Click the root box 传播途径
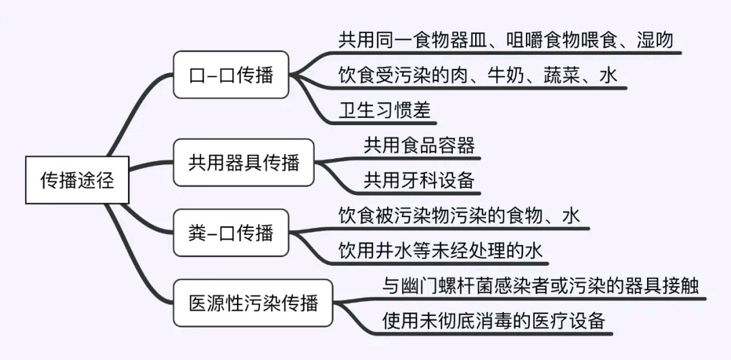click(x=76, y=180)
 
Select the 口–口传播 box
click(x=231, y=74)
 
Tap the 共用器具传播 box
click(x=244, y=162)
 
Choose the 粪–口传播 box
click(x=231, y=233)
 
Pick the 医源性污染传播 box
click(x=253, y=303)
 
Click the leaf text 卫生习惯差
click(x=384, y=110)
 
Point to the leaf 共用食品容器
click(x=419, y=145)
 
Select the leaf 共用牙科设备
click(x=419, y=180)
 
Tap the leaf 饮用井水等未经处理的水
click(x=441, y=251)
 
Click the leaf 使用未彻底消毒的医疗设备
click(x=493, y=320)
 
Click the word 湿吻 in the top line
click(x=655, y=40)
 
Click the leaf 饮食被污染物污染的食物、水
click(x=459, y=216)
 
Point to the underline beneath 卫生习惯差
click(x=387, y=124)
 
